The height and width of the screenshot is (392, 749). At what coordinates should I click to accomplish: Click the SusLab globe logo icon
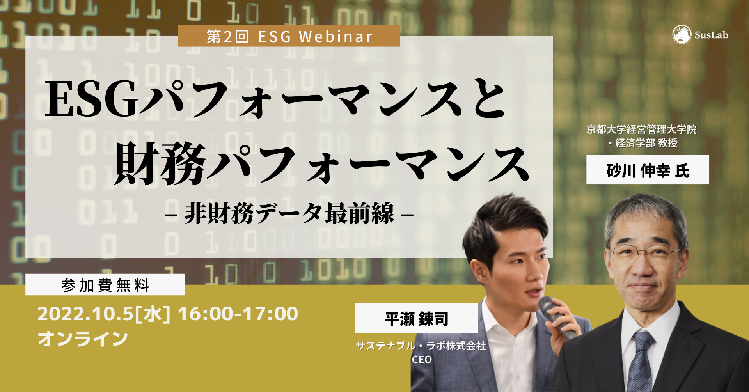pos(682,35)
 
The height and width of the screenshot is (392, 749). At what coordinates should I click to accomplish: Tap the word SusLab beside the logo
pos(711,35)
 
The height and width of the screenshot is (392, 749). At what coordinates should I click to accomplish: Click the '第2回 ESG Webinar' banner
pos(289,36)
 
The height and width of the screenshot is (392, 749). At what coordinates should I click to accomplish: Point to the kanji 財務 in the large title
pos(160,164)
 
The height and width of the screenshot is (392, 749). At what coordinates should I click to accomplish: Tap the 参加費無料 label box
pos(105,285)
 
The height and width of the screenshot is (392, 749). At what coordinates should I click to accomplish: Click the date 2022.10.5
pos(85,314)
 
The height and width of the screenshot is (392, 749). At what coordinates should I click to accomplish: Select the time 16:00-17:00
pos(238,314)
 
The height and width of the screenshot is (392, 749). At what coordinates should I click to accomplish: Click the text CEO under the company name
pos(422,359)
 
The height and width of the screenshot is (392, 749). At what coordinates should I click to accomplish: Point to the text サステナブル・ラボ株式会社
pos(421,346)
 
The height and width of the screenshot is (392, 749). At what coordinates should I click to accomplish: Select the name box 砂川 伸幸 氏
pos(648,170)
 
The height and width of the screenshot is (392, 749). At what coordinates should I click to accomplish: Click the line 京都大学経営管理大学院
pos(641,129)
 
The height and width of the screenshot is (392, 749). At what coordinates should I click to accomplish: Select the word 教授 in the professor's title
pos(667,143)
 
